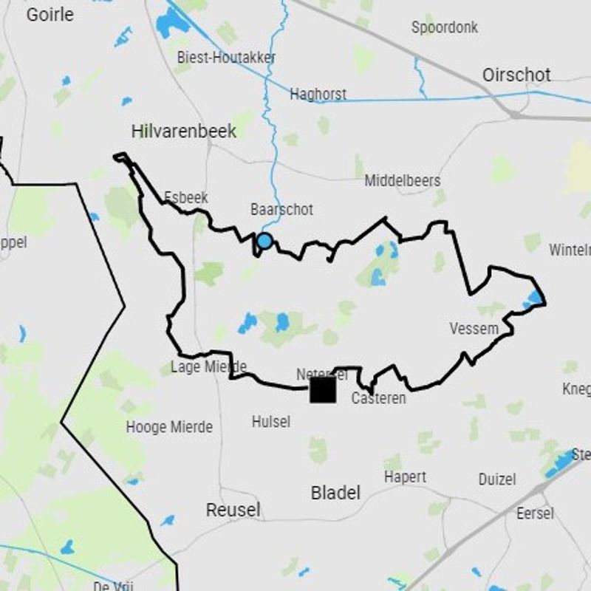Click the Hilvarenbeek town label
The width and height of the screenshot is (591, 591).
(184, 131)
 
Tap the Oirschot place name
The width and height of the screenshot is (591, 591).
(516, 75)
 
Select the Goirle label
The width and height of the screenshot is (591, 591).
(49, 14)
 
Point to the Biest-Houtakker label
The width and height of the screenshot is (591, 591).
(226, 57)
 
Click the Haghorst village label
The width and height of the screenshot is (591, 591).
(318, 95)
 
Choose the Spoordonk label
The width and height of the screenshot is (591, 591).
(445, 27)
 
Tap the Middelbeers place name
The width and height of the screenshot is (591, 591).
(402, 181)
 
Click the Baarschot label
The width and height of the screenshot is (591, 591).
(281, 210)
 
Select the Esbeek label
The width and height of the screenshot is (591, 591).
(185, 198)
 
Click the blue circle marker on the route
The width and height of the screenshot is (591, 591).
(264, 241)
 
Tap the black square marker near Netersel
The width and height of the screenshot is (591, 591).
(323, 389)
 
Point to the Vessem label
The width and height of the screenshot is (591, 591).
(474, 329)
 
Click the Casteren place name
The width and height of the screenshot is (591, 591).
(378, 398)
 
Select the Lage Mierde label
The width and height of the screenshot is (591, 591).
(208, 366)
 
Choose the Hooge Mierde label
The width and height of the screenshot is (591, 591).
(169, 427)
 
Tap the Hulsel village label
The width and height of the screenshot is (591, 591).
(270, 422)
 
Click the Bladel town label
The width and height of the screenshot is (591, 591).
(335, 493)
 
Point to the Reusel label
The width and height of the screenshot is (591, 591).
(233, 510)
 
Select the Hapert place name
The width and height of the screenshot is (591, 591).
(405, 477)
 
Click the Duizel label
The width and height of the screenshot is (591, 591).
(496, 479)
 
